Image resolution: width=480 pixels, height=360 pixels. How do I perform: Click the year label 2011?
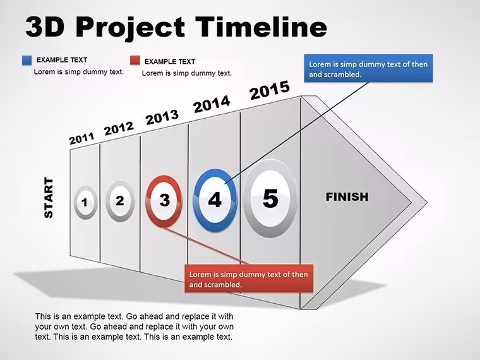81,138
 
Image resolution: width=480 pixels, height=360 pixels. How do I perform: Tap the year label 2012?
119,128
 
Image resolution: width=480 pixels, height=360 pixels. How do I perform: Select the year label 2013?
162,117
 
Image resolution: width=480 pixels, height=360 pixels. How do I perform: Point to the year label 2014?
212,104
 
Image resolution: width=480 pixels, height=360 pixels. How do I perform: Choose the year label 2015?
270,90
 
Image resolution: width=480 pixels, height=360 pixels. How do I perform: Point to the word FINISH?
347,197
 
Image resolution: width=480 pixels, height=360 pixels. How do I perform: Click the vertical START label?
49,198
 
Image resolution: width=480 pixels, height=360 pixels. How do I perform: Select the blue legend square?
27,60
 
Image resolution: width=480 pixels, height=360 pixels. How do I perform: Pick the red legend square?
135,60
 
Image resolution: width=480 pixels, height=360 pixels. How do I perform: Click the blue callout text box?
368,69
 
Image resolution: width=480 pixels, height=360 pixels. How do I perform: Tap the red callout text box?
249,279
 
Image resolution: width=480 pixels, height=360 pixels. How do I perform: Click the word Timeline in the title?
261,27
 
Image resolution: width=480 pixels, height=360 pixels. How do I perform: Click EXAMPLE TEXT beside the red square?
170,61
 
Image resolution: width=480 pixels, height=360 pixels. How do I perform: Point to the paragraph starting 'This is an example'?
134,327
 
